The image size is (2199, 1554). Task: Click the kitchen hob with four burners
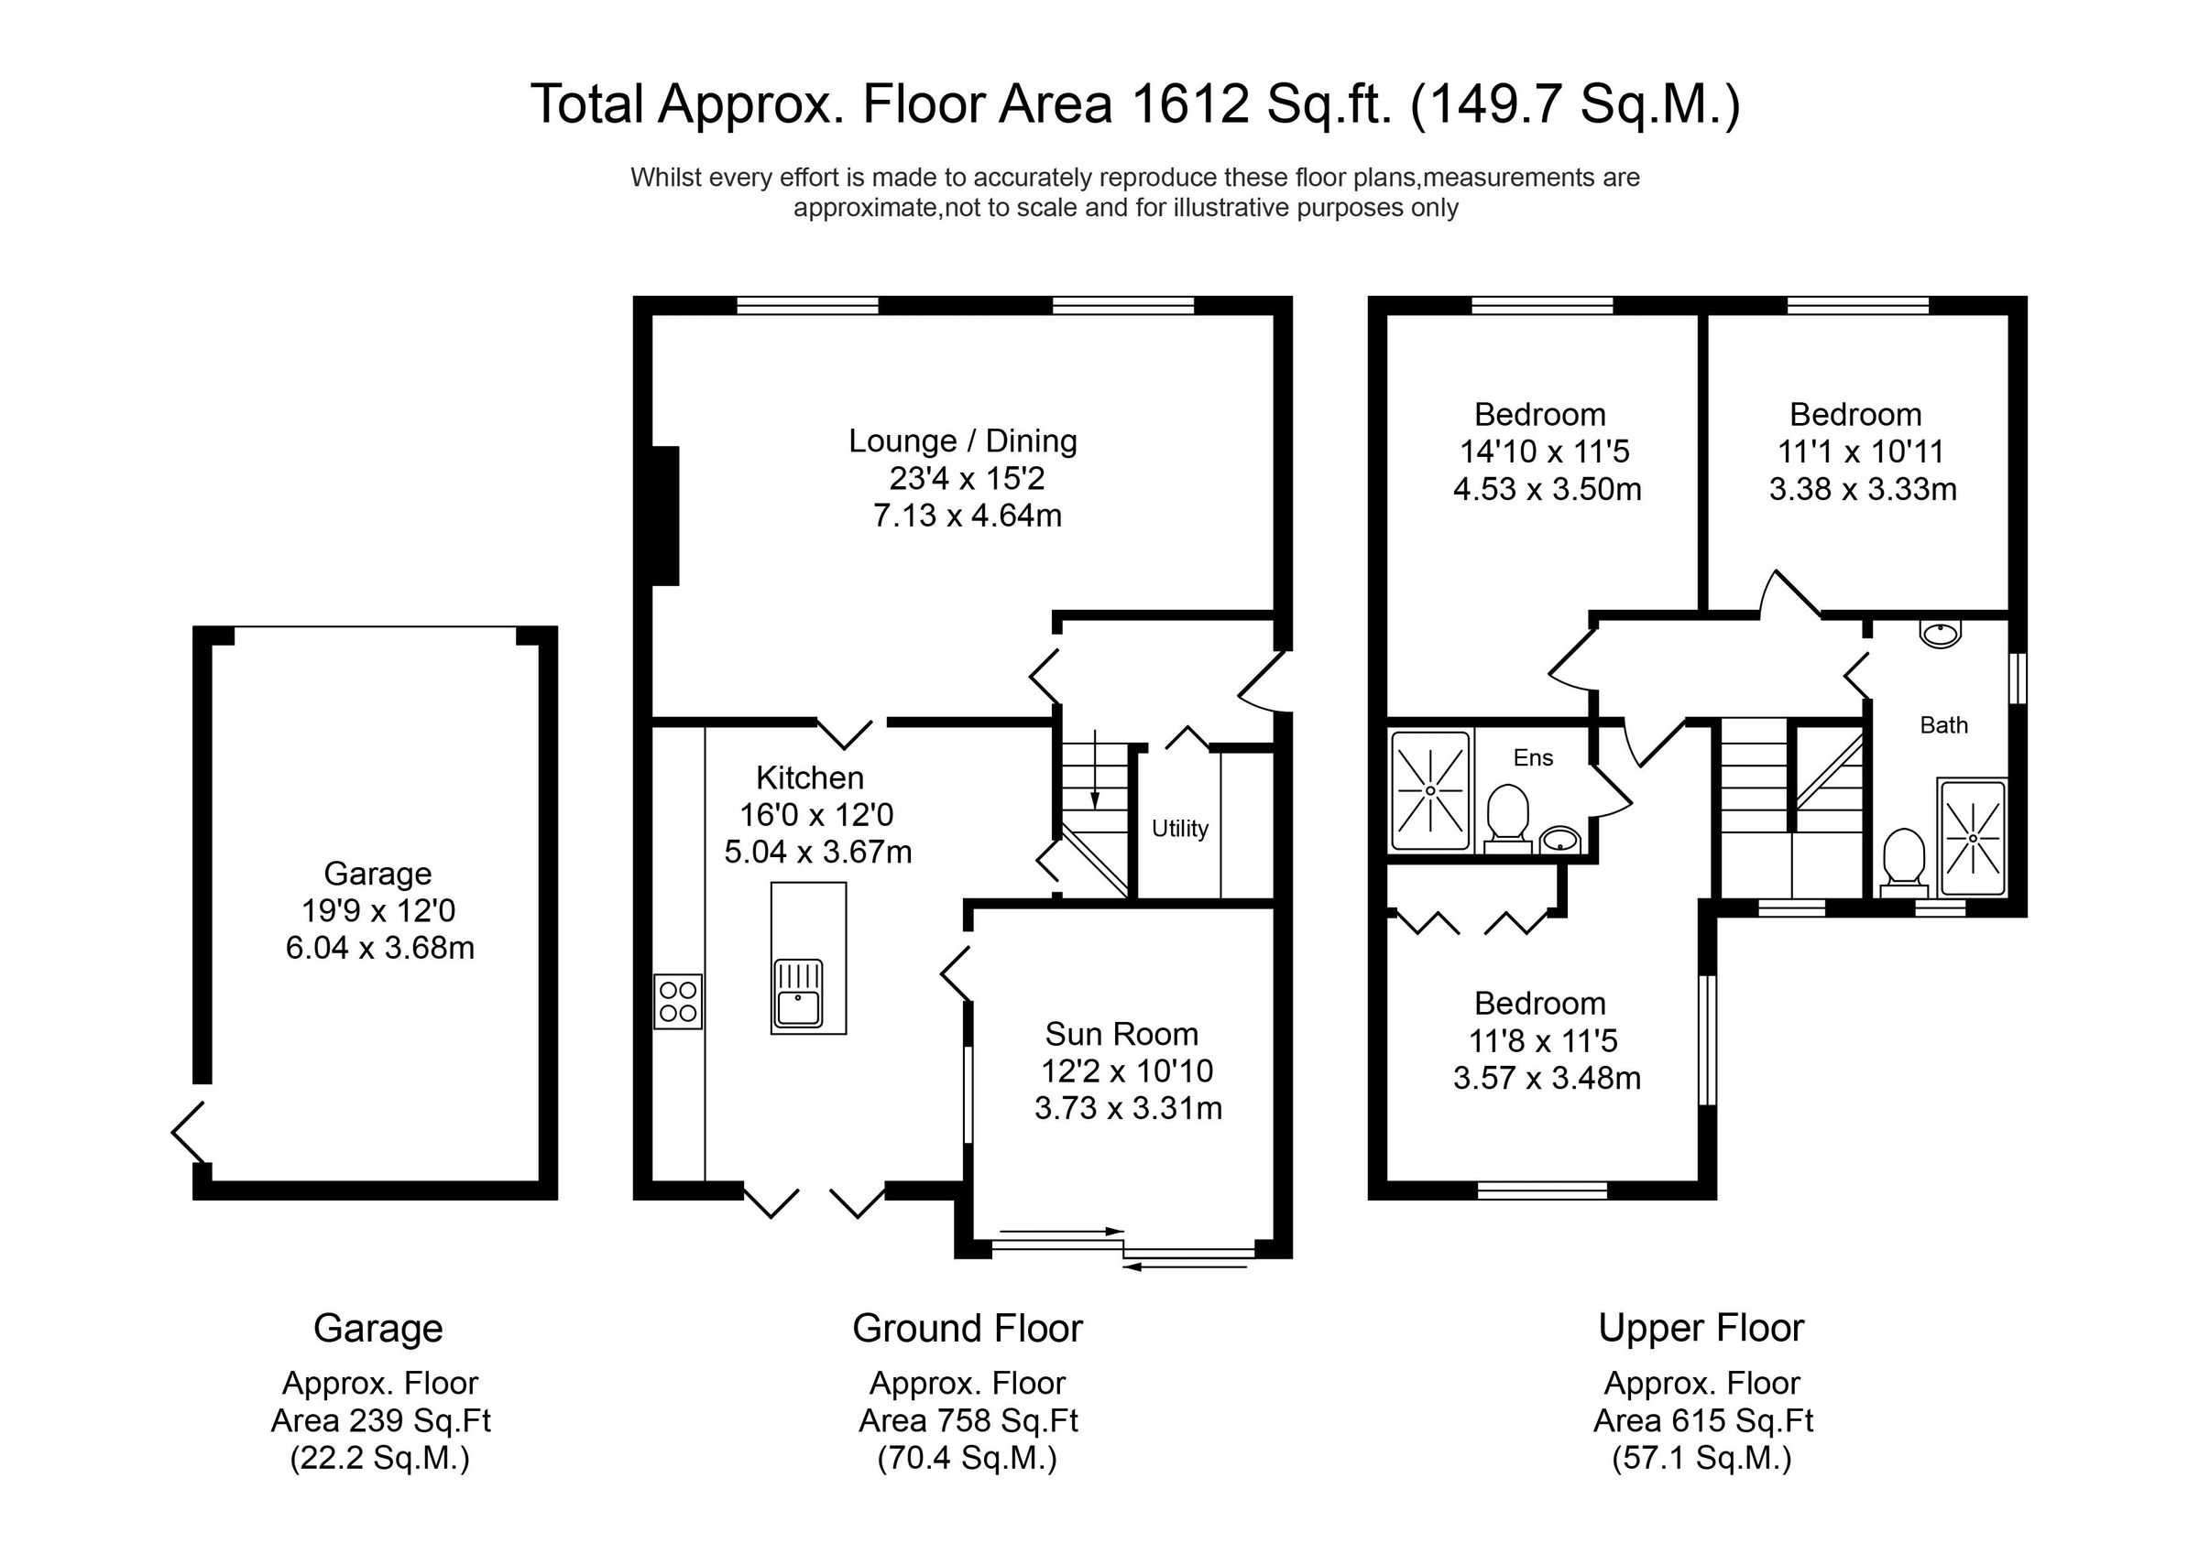pyautogui.click(x=678, y=1002)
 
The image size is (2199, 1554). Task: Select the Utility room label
pyautogui.click(x=1179, y=828)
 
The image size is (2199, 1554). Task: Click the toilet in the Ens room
pyautogui.click(x=1507, y=817)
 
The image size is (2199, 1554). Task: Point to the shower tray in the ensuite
pyautogui.click(x=1430, y=791)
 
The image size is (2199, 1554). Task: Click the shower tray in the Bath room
pyautogui.click(x=1972, y=839)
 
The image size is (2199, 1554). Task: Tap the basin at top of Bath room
pyautogui.click(x=1941, y=634)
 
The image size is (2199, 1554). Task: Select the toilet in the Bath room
pyautogui.click(x=1904, y=858)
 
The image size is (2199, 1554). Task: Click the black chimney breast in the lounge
pyautogui.click(x=664, y=516)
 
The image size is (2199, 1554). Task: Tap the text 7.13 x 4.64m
pyautogui.click(x=968, y=516)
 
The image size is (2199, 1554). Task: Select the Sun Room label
pyautogui.click(x=1121, y=1034)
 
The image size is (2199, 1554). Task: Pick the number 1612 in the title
pyautogui.click(x=1189, y=104)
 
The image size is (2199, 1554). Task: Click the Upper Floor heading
pyautogui.click(x=1701, y=1328)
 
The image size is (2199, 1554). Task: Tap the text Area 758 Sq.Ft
pyautogui.click(x=968, y=1421)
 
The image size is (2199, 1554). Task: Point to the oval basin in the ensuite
pyautogui.click(x=1560, y=840)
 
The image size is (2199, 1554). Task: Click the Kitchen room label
pyautogui.click(x=809, y=777)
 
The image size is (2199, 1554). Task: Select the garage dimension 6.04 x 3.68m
pyautogui.click(x=379, y=948)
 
